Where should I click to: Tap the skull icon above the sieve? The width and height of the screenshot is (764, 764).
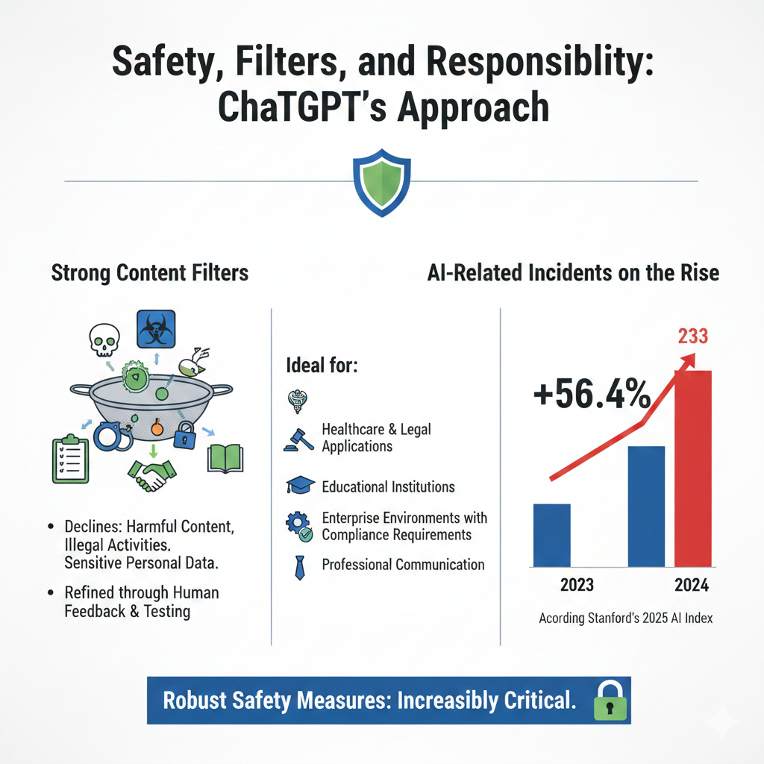point(103,340)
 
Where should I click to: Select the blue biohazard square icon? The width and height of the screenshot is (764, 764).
point(155,329)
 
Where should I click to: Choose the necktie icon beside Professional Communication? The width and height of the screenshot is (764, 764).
point(300,566)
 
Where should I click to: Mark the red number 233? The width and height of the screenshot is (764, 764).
point(692,336)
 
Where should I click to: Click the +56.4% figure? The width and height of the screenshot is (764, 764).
point(592,393)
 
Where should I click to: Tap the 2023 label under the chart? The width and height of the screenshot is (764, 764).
point(577,584)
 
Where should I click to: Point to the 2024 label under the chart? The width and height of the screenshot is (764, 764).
point(692,584)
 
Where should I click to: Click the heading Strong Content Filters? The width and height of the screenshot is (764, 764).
point(149,273)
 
